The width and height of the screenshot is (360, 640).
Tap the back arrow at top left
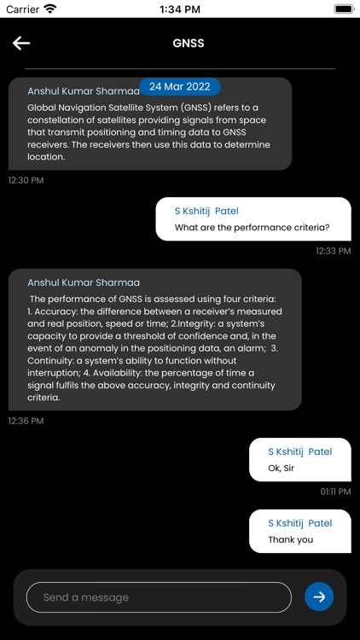[x=21, y=44]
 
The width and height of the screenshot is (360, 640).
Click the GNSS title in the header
[x=189, y=43]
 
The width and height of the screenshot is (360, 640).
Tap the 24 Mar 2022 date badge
[x=179, y=86]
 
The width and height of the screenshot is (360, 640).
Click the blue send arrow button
[x=319, y=596]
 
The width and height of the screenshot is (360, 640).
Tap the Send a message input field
[x=159, y=597]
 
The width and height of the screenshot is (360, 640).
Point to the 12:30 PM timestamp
[x=26, y=181]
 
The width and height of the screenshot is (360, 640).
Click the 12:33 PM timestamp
[x=333, y=251]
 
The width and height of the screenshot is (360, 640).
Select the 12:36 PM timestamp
[x=26, y=421]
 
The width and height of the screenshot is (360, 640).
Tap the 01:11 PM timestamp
[x=335, y=492]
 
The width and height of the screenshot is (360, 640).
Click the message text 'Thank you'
[x=291, y=539]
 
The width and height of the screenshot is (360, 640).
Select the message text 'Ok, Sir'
[x=286, y=468]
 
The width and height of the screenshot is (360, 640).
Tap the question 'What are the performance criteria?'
[x=252, y=228]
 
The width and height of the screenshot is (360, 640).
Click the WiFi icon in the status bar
[x=50, y=9]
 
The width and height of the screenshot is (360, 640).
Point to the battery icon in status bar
[x=344, y=9]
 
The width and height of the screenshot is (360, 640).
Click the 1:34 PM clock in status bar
[x=180, y=9]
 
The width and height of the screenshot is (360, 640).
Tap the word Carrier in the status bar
[x=23, y=9]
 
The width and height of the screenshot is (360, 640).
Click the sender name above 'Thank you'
[x=299, y=523]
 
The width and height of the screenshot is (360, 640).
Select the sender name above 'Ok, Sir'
[x=299, y=451]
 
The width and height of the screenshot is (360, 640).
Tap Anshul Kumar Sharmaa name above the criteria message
[x=84, y=282]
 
